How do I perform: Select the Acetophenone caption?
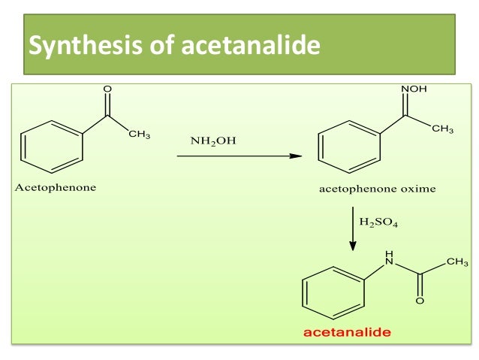pyautogui.click(x=55, y=188)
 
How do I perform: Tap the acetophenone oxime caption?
pyautogui.click(x=378, y=189)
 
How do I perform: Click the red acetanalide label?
pyautogui.click(x=348, y=331)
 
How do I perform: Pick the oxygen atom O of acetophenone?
pyautogui.click(x=107, y=89)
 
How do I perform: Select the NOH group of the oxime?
pyautogui.click(x=414, y=89)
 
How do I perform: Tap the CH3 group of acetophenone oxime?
pyautogui.click(x=442, y=129)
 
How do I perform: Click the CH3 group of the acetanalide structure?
pyautogui.click(x=457, y=262)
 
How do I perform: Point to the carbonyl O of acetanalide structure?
pyautogui.click(x=420, y=301)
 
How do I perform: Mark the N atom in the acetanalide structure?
pyautogui.click(x=389, y=261)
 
